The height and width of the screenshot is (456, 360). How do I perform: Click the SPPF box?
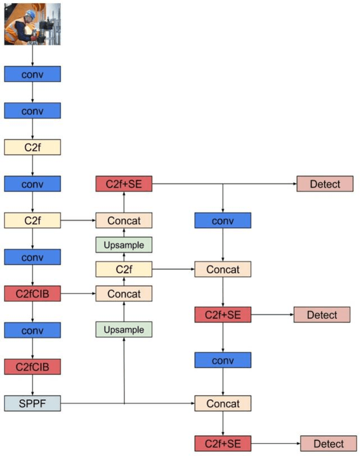click(x=32, y=403)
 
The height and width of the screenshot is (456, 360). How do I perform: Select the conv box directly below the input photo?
click(x=32, y=74)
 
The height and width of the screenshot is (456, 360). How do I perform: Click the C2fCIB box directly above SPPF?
click(x=32, y=367)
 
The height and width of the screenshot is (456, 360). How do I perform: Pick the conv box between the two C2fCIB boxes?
click(x=32, y=330)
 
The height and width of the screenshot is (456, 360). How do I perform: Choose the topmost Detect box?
click(x=325, y=184)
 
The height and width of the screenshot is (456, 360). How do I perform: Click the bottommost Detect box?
click(x=328, y=444)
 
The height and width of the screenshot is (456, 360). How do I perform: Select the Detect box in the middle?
click(x=322, y=315)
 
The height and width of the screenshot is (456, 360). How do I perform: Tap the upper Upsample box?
click(x=124, y=245)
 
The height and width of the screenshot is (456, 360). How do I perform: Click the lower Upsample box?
click(x=124, y=329)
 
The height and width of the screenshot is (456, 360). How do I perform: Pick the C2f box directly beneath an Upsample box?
click(x=124, y=269)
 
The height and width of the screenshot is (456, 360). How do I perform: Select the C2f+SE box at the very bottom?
click(x=223, y=444)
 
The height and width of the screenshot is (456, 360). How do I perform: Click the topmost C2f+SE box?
click(x=124, y=184)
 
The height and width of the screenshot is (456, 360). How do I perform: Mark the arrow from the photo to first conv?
click(x=32, y=55)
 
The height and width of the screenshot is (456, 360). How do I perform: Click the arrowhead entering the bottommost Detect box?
click(x=298, y=444)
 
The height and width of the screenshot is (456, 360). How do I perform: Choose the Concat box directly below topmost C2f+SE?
click(x=124, y=220)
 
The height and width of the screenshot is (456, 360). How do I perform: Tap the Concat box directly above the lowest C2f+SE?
click(x=223, y=403)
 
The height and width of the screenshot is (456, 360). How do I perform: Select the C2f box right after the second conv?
click(x=32, y=147)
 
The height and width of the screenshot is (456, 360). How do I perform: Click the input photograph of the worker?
click(x=32, y=24)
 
